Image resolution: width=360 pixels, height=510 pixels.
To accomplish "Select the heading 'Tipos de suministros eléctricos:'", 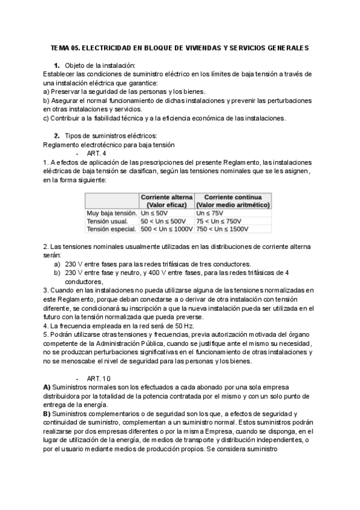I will (110, 135).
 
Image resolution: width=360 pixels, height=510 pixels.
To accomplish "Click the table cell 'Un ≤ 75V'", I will (210, 213).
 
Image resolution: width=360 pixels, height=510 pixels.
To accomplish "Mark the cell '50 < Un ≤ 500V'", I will (163, 221).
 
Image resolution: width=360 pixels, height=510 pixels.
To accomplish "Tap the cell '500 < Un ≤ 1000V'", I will (166, 229).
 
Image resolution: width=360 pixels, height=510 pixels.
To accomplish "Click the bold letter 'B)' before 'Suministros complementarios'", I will (47, 414).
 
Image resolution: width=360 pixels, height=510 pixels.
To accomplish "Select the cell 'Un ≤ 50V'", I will (154, 213).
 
